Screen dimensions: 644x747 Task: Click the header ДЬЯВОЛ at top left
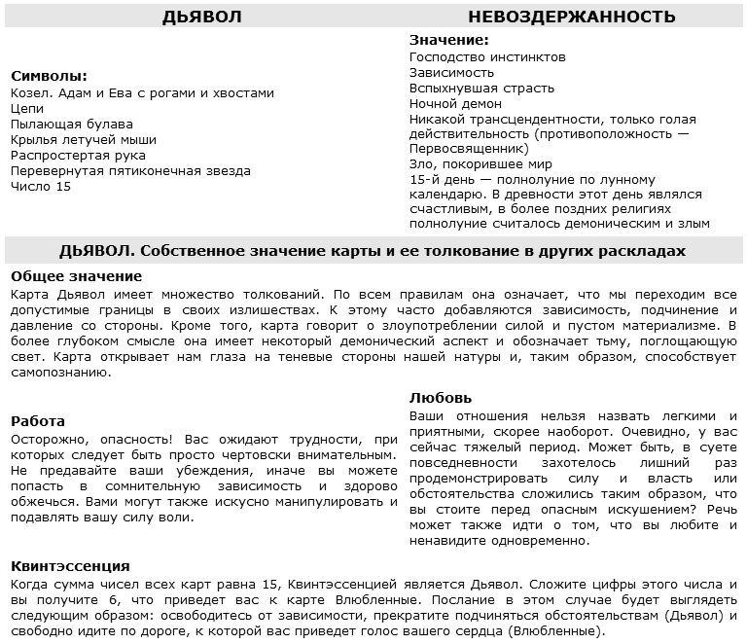201,17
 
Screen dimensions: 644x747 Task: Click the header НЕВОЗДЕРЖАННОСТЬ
572,17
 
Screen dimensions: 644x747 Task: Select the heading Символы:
49,76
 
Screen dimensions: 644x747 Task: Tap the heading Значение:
448,40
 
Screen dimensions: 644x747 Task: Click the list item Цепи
27,109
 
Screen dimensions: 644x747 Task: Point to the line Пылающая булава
72,125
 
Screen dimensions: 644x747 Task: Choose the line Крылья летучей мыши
83,140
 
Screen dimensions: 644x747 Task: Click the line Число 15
40,187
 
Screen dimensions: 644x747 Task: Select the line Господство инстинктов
487,57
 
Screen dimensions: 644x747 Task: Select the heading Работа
38,421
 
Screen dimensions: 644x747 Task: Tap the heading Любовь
441,398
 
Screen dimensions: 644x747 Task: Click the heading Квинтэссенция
70,566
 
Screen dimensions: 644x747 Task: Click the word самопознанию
54,372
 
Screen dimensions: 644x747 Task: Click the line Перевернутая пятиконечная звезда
130,171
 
